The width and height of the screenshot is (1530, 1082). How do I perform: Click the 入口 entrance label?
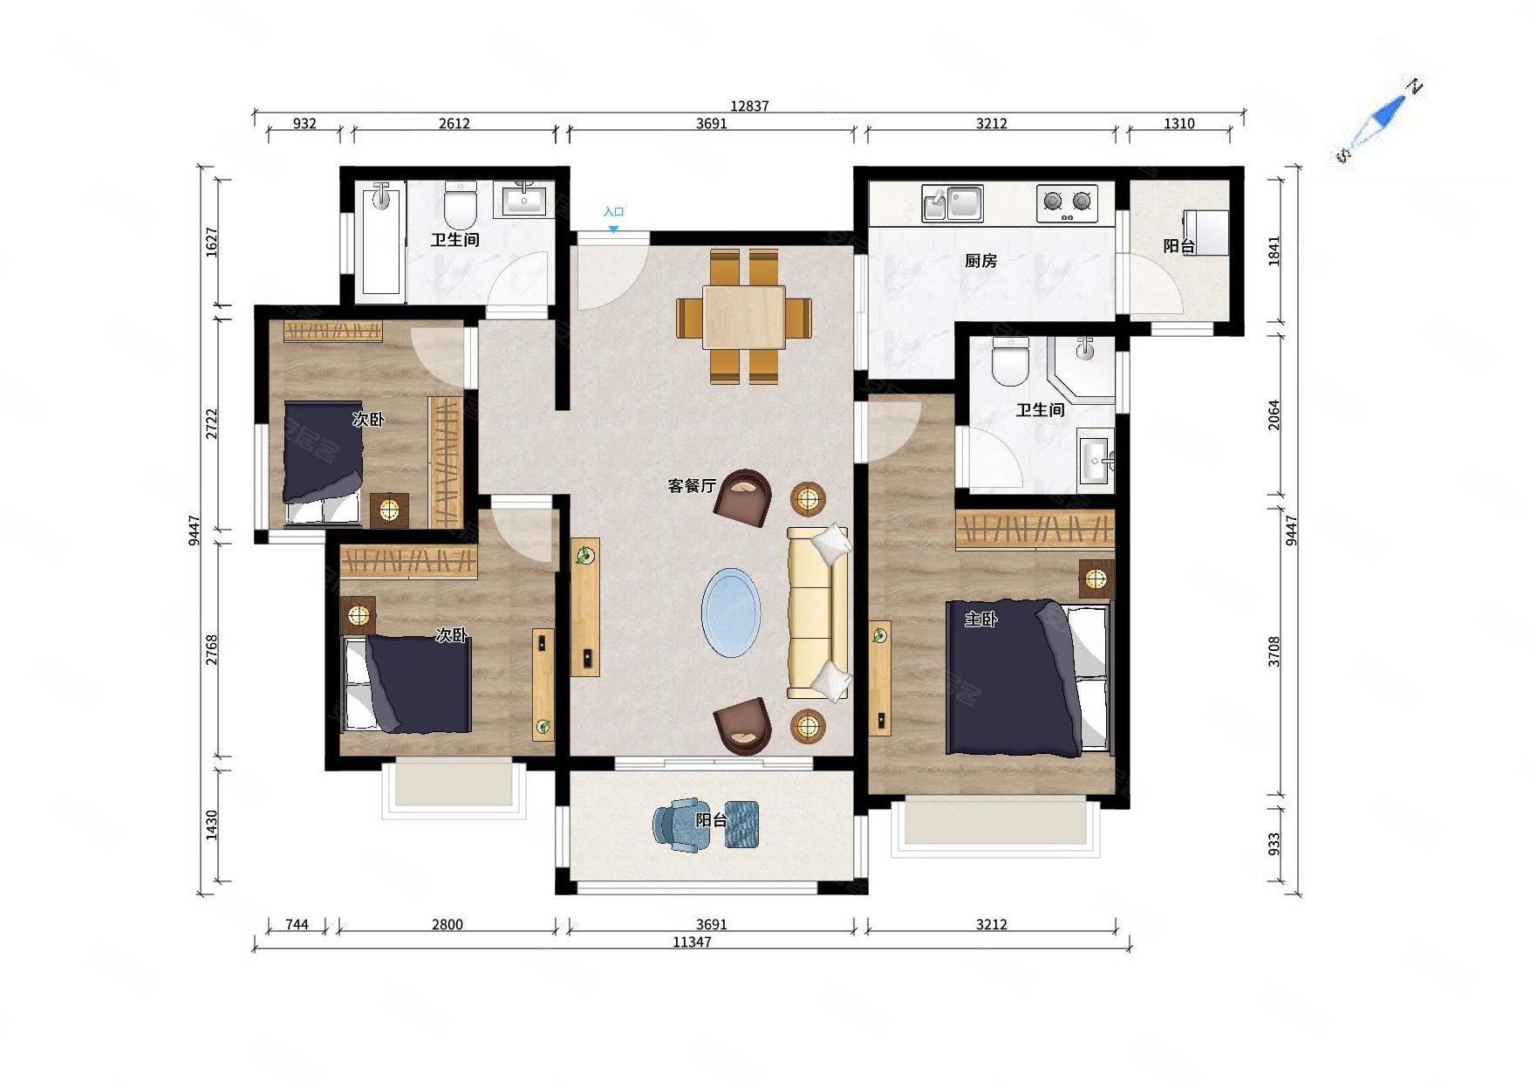(613, 212)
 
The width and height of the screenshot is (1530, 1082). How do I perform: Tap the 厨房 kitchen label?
(980, 261)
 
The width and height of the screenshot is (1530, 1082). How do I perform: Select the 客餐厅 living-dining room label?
(692, 486)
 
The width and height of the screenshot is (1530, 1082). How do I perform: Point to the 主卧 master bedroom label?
(980, 620)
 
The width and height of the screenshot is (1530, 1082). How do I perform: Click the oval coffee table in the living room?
(731, 613)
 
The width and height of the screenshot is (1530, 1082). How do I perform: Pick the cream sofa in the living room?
(818, 613)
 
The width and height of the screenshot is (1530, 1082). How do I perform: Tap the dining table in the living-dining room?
(744, 318)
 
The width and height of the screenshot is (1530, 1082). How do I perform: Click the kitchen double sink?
(953, 203)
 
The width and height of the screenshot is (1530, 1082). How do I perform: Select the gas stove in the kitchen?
(1067, 203)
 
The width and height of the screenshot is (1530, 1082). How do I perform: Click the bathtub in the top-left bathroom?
(381, 238)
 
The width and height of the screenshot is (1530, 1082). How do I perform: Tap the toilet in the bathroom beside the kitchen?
(1011, 361)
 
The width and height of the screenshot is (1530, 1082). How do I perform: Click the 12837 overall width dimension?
(749, 106)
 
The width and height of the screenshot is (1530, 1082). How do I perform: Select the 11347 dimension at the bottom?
(692, 942)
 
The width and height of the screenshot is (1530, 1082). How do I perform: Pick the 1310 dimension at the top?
(1178, 124)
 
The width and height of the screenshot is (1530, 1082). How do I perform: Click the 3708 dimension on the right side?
(1274, 652)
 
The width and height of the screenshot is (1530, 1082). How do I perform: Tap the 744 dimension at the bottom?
(297, 924)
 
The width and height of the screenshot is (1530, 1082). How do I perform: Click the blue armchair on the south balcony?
(676, 825)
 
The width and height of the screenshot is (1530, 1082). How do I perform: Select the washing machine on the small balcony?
(1206, 232)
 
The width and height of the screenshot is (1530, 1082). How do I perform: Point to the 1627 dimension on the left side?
(212, 242)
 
